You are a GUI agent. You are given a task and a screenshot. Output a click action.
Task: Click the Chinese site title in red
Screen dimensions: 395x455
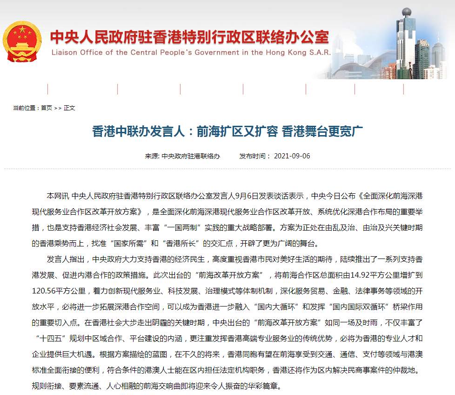pyautogui.click(x=189, y=37)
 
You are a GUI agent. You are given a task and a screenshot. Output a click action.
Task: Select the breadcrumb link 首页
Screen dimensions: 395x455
pyautogui.click(x=47, y=108)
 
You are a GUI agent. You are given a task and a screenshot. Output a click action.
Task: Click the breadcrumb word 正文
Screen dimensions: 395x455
pyautogui.click(x=69, y=108)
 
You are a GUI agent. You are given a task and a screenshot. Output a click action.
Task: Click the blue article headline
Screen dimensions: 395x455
pyautogui.click(x=227, y=132)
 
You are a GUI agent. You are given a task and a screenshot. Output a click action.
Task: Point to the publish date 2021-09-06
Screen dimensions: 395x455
pyautogui.click(x=292, y=156)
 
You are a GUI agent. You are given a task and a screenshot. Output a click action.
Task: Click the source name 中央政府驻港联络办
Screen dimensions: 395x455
pyautogui.click(x=191, y=156)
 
